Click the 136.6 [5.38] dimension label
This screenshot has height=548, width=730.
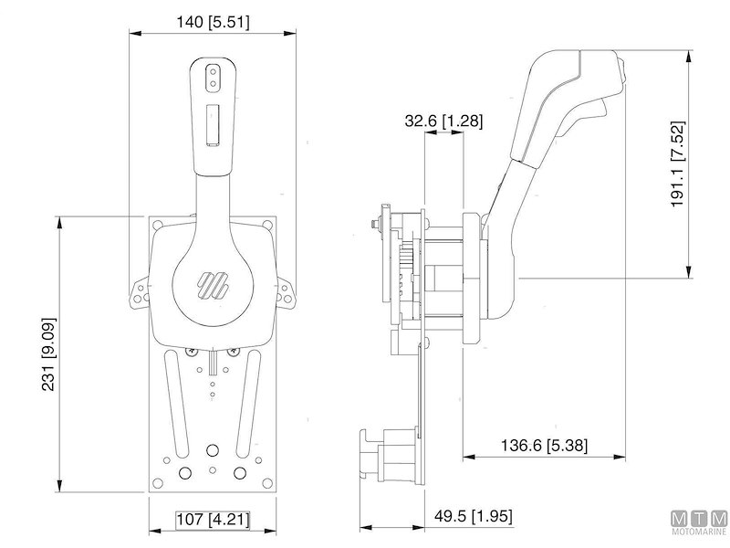coord(545,446)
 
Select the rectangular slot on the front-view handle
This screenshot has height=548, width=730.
coord(213,124)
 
